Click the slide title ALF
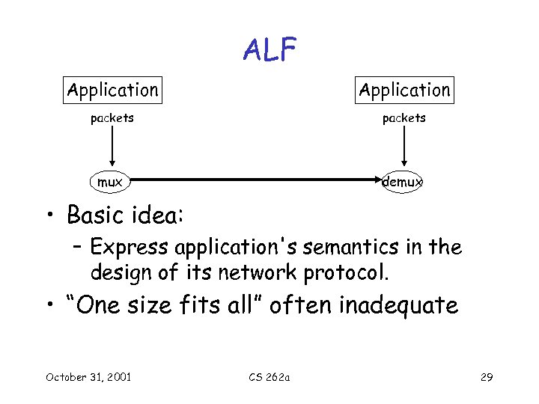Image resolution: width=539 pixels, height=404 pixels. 269,51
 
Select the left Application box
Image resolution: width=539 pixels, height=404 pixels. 112,91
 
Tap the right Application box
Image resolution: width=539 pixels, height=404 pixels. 404,91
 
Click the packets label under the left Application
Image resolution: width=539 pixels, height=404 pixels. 112,118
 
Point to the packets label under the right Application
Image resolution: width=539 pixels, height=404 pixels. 404,118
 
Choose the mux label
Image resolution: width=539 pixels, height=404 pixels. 110,182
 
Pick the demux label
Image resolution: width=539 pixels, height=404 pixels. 403,182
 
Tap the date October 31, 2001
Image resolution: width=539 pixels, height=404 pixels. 88,376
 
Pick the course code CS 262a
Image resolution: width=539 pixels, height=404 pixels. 269,376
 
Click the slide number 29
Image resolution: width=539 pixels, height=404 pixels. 487,376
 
